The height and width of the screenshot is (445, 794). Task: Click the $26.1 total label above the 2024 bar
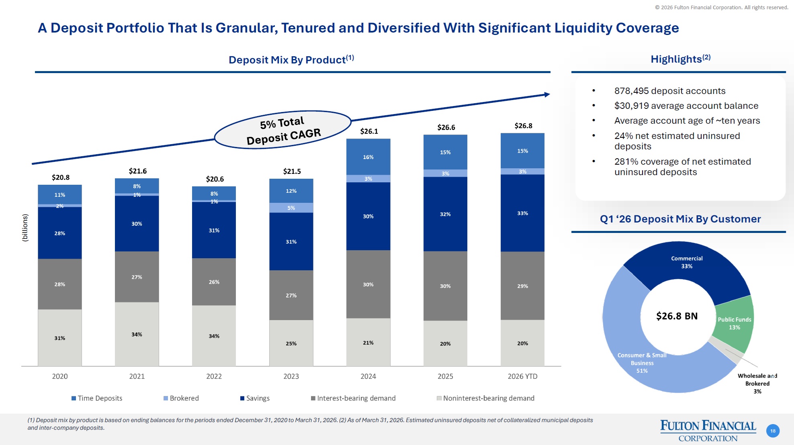(x=369, y=131)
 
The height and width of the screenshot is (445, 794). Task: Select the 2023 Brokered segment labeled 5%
(x=291, y=208)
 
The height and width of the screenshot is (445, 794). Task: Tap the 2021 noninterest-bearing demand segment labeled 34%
(x=137, y=334)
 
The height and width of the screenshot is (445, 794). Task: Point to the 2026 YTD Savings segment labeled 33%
(x=522, y=213)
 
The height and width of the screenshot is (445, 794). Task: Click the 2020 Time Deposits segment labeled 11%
(x=60, y=195)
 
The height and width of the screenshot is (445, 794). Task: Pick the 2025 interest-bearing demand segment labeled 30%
(x=445, y=286)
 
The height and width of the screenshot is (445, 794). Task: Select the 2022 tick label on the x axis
(x=214, y=376)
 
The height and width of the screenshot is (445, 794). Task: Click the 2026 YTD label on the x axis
(x=522, y=376)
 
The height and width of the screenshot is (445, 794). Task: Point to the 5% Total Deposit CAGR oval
(x=283, y=130)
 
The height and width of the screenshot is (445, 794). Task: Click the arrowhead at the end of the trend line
(x=547, y=94)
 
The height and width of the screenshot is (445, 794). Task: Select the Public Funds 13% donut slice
(x=734, y=323)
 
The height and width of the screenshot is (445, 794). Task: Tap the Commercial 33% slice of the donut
(x=687, y=262)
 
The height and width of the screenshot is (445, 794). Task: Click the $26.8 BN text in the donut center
(x=677, y=316)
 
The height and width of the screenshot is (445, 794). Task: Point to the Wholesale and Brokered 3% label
(x=757, y=383)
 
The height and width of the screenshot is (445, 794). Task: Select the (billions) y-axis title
(x=25, y=227)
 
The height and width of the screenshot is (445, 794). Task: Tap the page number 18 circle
(x=773, y=431)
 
